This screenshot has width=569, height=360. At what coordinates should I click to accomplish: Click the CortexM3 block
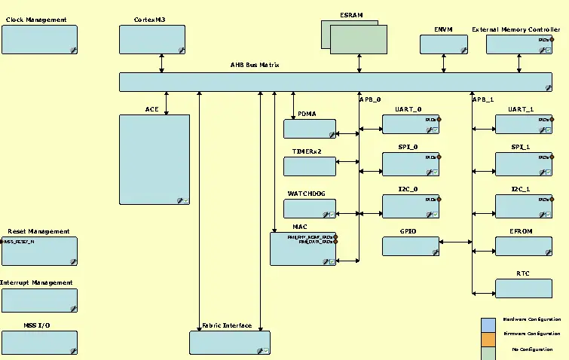tap(152, 39)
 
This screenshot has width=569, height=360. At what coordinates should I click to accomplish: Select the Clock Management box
tap(39, 39)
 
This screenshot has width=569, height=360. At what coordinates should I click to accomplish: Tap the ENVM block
tap(443, 44)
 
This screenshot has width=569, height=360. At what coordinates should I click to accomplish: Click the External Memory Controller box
tap(518, 44)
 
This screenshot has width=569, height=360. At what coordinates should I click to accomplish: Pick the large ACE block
tap(154, 159)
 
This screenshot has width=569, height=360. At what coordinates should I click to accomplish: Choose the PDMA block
tap(309, 128)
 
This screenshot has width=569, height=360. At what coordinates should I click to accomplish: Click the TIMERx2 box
tap(309, 166)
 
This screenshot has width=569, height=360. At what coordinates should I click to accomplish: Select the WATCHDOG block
tap(309, 209)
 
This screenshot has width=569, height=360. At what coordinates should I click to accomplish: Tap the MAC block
tap(303, 249)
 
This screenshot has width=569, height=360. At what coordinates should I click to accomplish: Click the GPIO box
tap(410, 246)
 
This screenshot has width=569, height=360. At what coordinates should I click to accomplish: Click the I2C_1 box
tap(523, 206)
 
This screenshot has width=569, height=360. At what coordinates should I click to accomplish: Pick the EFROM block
tap(523, 246)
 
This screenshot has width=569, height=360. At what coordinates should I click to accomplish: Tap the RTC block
tap(523, 288)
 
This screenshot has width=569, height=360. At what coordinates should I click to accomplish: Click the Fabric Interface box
tap(229, 342)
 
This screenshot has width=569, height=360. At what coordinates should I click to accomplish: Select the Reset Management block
tap(39, 251)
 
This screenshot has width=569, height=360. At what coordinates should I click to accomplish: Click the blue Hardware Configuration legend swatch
tap(488, 324)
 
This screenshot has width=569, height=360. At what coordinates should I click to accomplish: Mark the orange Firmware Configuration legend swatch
tap(488, 338)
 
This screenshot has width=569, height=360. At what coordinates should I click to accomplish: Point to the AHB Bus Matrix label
tap(255, 66)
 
